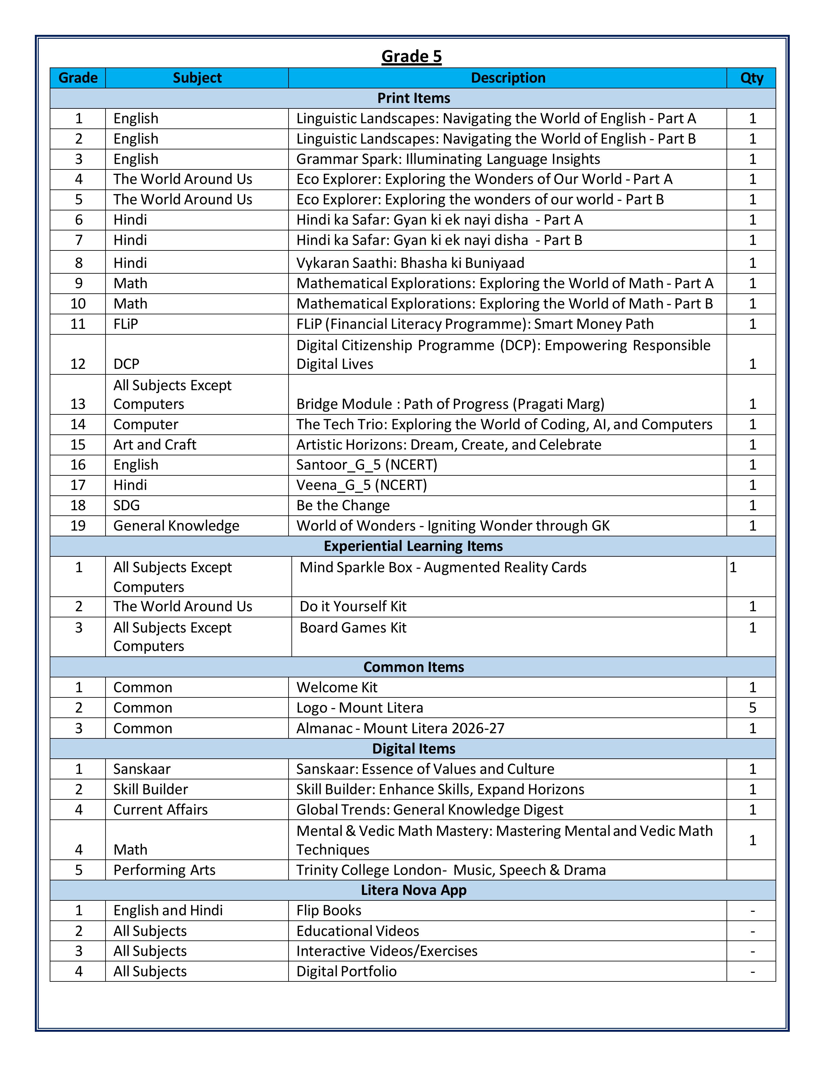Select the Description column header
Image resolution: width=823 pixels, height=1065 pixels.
pos(508,78)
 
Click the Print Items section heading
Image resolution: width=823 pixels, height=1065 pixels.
pos(413,98)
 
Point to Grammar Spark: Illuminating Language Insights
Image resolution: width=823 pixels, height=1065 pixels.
pos(448,159)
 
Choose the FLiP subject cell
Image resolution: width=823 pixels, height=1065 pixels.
pos(126,324)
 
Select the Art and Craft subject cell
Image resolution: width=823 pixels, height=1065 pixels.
pos(155,445)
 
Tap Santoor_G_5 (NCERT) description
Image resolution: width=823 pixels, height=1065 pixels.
pos(367,465)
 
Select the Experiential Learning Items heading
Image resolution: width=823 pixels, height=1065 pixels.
pos(413,546)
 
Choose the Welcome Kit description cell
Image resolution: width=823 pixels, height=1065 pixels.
pos(337,687)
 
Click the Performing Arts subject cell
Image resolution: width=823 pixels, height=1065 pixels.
pos(164,870)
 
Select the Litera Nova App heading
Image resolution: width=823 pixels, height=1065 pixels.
pos(413,890)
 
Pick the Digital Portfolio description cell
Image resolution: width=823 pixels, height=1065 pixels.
pos(346,971)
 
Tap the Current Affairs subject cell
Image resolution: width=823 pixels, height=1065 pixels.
pos(160,809)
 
